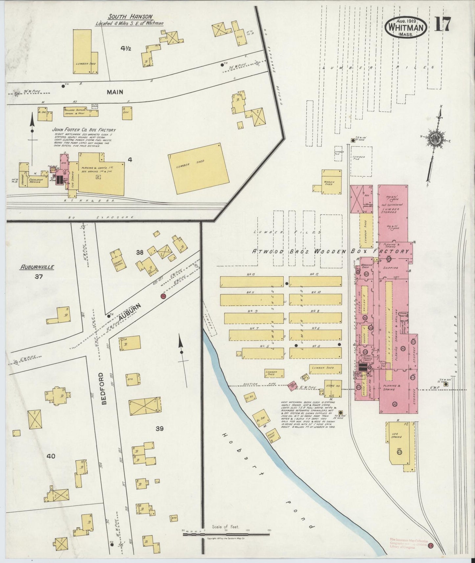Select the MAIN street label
point(115,92)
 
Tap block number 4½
point(126,49)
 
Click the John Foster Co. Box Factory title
point(83,130)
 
